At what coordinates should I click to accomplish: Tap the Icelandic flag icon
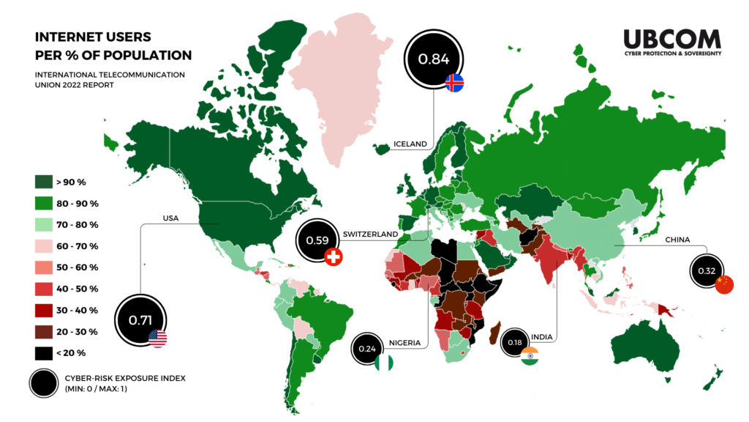click(454, 82)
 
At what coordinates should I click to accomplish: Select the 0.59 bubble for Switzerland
click(317, 240)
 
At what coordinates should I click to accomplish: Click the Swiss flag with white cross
click(334, 257)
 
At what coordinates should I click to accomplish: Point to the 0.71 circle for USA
click(139, 320)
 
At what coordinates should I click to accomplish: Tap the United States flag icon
click(157, 338)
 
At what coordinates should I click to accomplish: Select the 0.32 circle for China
click(707, 271)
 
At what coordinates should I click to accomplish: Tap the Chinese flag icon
click(723, 285)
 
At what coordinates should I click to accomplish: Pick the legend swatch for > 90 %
click(43, 182)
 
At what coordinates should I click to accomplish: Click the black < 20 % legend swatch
click(43, 353)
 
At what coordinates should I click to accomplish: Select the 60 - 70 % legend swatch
click(43, 246)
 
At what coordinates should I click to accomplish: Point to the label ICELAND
click(409, 144)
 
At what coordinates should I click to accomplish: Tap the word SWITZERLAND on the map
click(370, 234)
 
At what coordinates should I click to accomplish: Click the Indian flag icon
click(530, 356)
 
